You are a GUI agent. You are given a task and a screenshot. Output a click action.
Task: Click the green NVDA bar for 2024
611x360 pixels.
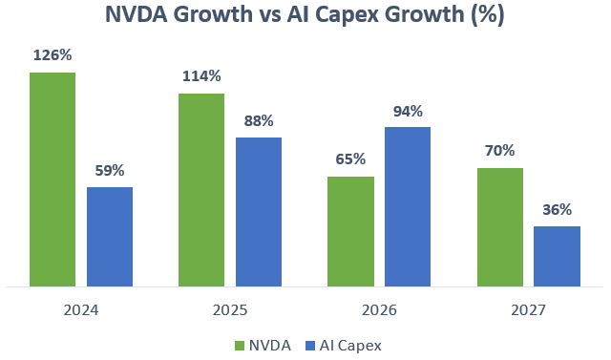pyautogui.click(x=53, y=180)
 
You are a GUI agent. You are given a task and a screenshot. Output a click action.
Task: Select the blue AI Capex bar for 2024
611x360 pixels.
pyautogui.click(x=110, y=237)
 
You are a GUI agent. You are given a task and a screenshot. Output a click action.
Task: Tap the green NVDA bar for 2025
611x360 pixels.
pyautogui.click(x=201, y=190)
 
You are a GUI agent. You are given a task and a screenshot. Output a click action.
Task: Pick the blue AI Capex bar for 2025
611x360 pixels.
pyautogui.click(x=259, y=212)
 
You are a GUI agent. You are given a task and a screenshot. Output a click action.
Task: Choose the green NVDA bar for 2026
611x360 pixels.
pyautogui.click(x=350, y=232)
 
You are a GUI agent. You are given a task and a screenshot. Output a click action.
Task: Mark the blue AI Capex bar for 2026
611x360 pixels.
pyautogui.click(x=408, y=207)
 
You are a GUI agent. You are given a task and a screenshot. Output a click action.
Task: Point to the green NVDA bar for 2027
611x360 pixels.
pyautogui.click(x=500, y=227)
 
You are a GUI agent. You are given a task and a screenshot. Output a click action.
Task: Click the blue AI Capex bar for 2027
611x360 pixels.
pyautogui.click(x=558, y=256)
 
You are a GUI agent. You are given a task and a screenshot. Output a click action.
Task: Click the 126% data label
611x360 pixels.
pyautogui.click(x=53, y=55)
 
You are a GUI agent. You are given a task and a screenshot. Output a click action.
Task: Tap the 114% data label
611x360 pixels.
pyautogui.click(x=201, y=76)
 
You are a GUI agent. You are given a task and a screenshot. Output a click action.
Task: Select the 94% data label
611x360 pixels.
pyautogui.click(x=408, y=112)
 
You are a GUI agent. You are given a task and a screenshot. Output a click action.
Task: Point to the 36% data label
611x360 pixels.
pyautogui.click(x=558, y=210)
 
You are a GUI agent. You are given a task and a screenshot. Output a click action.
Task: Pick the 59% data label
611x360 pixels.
pyautogui.click(x=110, y=171)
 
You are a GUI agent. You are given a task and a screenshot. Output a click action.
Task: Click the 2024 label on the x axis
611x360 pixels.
pyautogui.click(x=81, y=310)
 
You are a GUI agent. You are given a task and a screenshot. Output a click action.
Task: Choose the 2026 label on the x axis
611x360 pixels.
pyautogui.click(x=379, y=310)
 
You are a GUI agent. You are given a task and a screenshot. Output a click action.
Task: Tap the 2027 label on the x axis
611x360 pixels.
pyautogui.click(x=528, y=310)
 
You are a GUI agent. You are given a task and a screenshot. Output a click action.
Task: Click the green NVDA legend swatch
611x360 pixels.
pyautogui.click(x=240, y=346)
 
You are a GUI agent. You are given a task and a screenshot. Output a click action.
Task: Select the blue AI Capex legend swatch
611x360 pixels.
pyautogui.click(x=310, y=346)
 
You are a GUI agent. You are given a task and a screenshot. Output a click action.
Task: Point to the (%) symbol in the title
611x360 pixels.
pyautogui.click(x=488, y=15)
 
